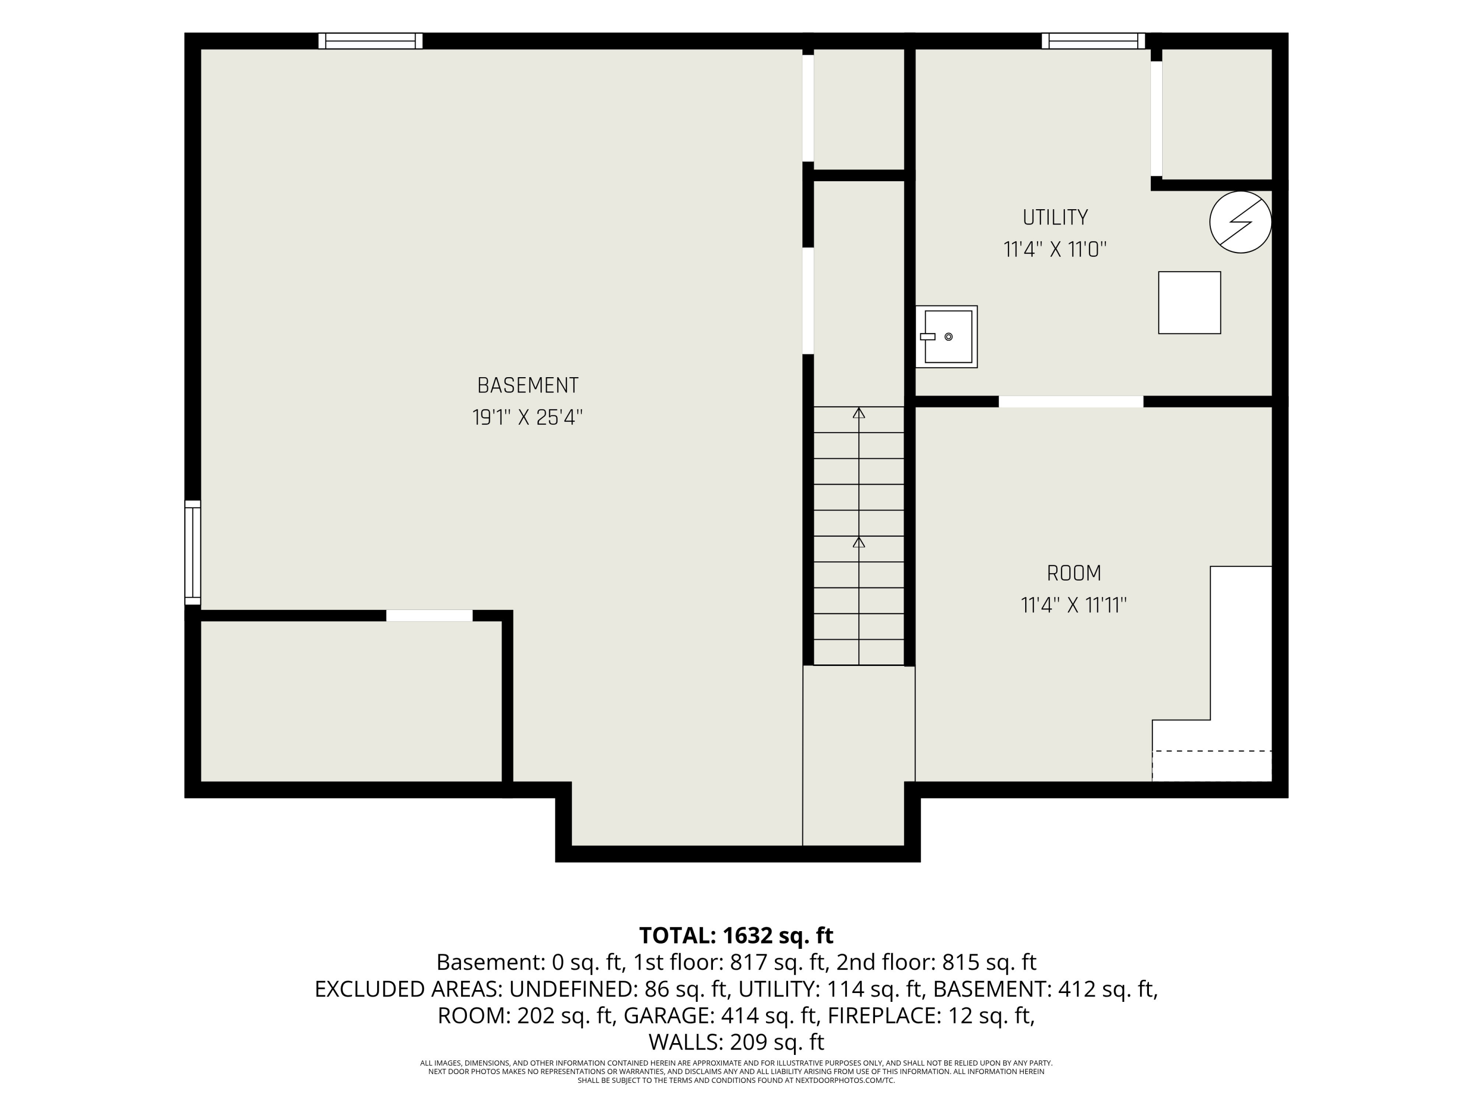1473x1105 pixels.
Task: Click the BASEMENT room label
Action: pyautogui.click(x=527, y=386)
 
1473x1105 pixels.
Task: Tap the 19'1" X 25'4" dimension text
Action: pyautogui.click(x=527, y=417)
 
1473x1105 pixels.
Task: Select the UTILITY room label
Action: pyautogui.click(x=1055, y=217)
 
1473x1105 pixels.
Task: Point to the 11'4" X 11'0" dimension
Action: pyautogui.click(x=1055, y=250)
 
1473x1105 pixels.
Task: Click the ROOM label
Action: pyautogui.click(x=1073, y=573)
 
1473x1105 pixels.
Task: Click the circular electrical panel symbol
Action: pyautogui.click(x=1240, y=222)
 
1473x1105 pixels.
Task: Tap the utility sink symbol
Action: pyautogui.click(x=946, y=336)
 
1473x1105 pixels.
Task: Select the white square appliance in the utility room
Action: pyautogui.click(x=1189, y=303)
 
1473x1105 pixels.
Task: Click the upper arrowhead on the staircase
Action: pyautogui.click(x=859, y=413)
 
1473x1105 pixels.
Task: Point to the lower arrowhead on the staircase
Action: pyautogui.click(x=859, y=542)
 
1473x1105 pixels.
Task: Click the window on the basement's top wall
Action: pyautogui.click(x=370, y=41)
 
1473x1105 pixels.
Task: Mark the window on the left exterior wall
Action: pyautogui.click(x=192, y=553)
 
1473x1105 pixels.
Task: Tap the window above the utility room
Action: pyautogui.click(x=1093, y=41)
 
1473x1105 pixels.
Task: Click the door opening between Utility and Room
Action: pyautogui.click(x=1071, y=402)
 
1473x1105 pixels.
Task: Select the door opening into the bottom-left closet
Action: pyautogui.click(x=430, y=615)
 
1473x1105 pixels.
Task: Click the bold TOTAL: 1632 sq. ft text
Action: pyautogui.click(x=736, y=935)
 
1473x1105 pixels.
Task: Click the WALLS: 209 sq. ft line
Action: pyautogui.click(x=736, y=1041)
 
